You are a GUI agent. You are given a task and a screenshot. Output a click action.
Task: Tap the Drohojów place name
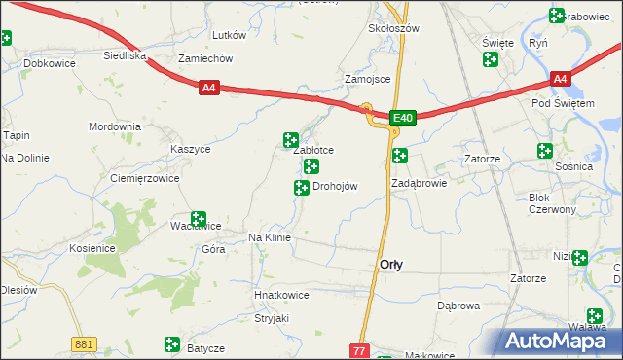335,187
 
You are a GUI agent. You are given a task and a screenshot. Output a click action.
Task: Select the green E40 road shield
404,118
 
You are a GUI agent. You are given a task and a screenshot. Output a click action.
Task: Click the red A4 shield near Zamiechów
208,89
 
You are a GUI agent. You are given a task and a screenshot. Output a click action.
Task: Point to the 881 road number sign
84,343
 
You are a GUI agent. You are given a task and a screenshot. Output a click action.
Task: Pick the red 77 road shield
359,350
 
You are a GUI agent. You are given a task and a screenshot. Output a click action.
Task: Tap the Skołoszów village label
393,28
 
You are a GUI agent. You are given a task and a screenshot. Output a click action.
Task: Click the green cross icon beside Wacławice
198,219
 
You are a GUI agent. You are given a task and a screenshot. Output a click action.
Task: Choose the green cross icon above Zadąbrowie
399,155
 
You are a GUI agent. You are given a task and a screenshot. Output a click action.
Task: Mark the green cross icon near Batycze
172,343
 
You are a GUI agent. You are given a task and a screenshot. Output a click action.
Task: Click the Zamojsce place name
368,79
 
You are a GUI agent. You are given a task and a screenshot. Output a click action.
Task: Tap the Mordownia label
115,127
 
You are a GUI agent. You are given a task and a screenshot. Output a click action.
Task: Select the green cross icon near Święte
490,59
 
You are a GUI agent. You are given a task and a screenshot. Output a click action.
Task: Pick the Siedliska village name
125,55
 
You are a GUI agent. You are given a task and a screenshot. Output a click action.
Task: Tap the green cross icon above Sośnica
544,151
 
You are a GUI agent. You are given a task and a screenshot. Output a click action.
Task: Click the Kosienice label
92,248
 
